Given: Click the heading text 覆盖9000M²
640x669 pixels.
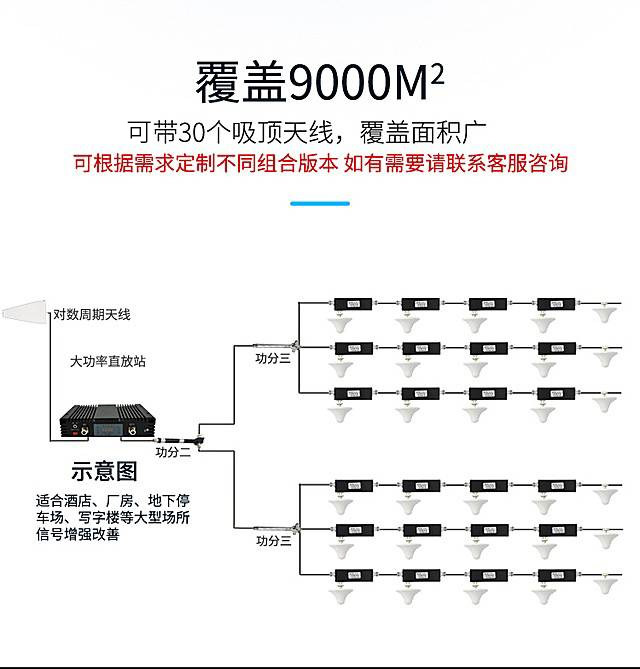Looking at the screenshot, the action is click(x=319, y=83).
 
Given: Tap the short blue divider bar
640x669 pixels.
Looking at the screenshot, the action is click(x=319, y=203).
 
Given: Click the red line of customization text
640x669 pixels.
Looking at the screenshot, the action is click(x=319, y=163).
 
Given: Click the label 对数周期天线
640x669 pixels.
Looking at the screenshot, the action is click(x=92, y=315).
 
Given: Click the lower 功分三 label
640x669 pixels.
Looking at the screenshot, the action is click(x=272, y=541).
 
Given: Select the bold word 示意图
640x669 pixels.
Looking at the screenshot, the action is click(x=101, y=472).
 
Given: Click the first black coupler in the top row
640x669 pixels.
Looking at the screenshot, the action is click(x=351, y=303).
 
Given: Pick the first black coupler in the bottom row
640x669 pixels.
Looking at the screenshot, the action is click(x=351, y=575).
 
